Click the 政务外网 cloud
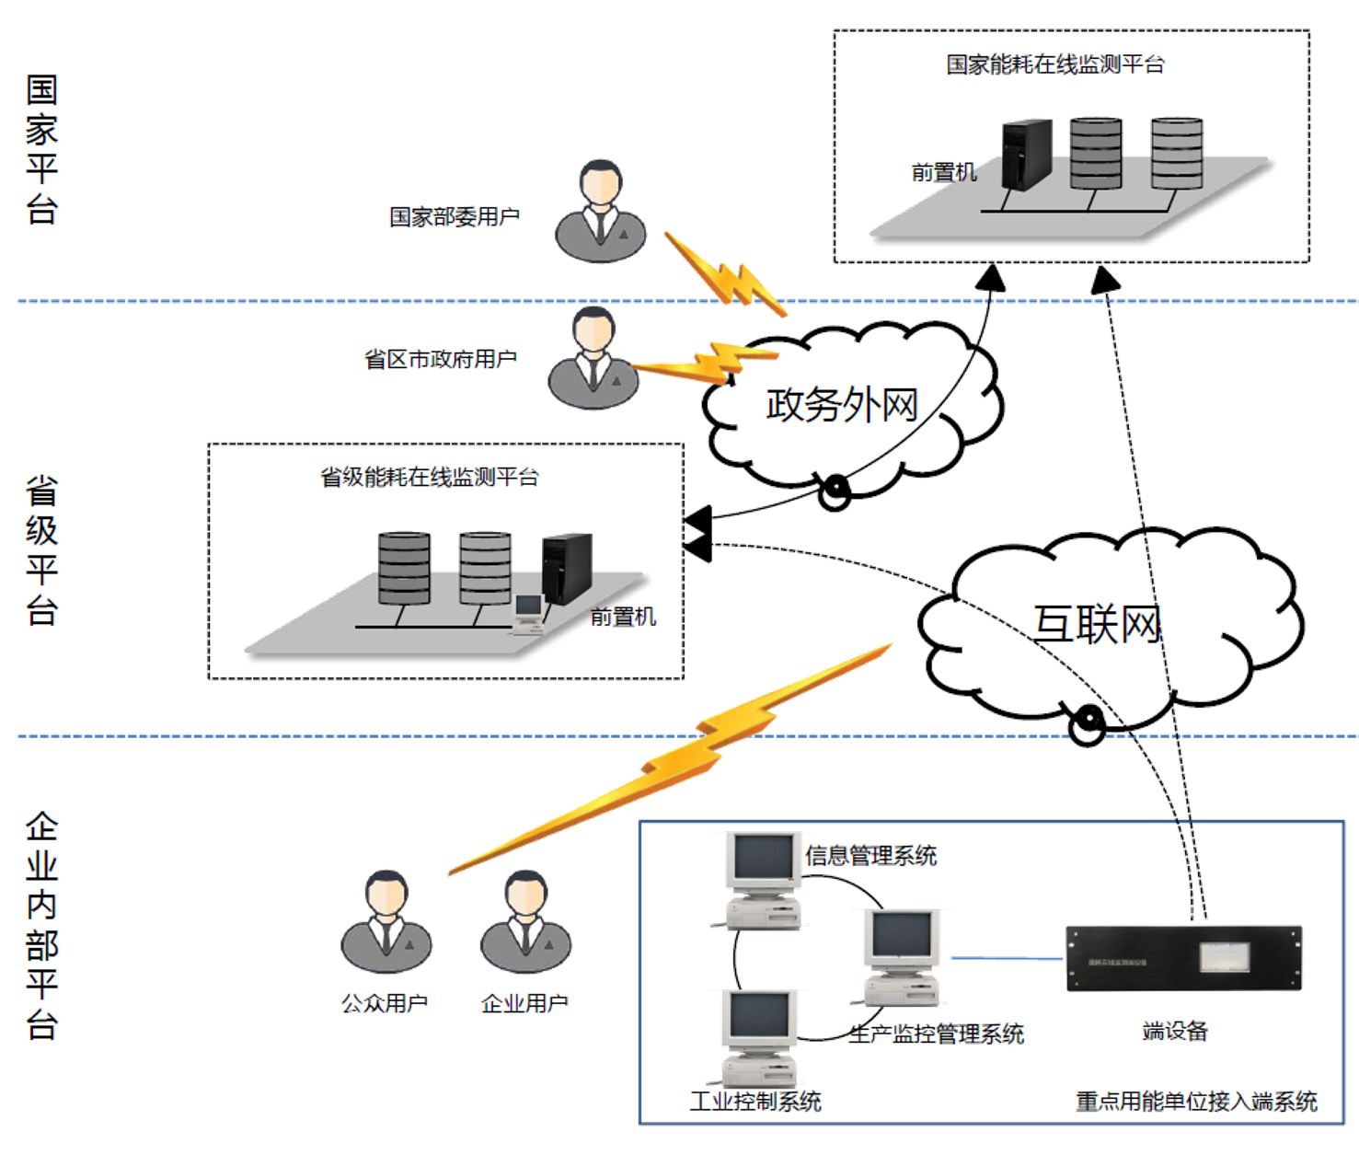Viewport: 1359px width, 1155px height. pos(843,405)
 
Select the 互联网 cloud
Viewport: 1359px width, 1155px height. pos(1104,626)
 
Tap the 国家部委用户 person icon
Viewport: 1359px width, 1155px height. pos(601,212)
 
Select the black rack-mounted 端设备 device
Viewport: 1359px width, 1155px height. pos(1183,957)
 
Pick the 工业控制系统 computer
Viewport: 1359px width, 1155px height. pos(758,1035)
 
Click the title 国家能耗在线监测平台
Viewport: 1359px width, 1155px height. pos(1055,64)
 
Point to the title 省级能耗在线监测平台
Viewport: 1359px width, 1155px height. pos(429,478)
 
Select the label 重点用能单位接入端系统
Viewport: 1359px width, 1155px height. pos(1195,1101)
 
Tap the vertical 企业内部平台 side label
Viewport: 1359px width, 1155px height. pos(41,925)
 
